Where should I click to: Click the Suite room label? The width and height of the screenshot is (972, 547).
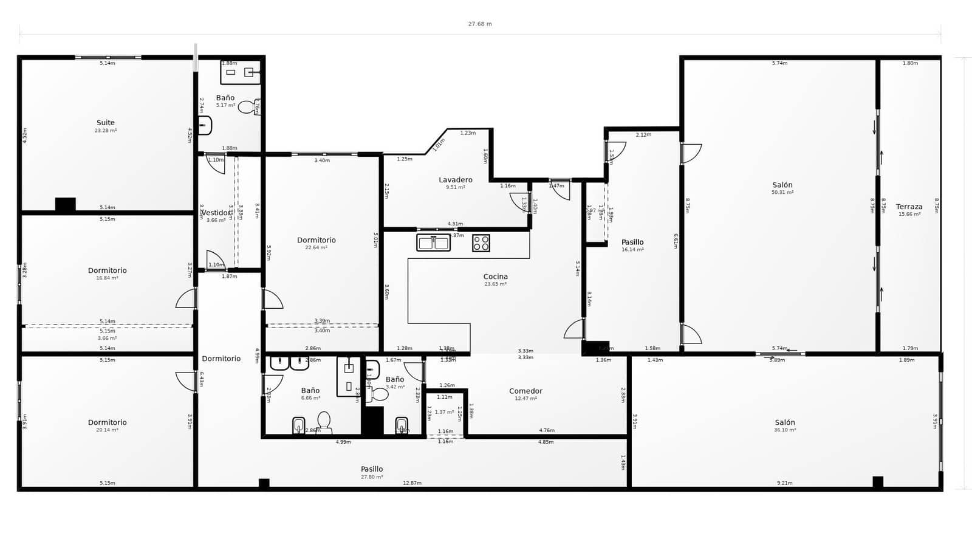(x=105, y=123)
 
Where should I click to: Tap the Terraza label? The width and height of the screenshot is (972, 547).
(x=909, y=207)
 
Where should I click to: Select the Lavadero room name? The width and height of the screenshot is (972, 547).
(x=455, y=180)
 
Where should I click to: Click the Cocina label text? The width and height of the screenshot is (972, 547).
(x=495, y=277)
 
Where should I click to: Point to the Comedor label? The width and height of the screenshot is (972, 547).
(x=525, y=391)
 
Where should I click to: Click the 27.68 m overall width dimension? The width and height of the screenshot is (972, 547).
(x=479, y=24)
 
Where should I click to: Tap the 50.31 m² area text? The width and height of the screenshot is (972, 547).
(x=782, y=193)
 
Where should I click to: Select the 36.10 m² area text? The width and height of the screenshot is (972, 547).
(x=785, y=430)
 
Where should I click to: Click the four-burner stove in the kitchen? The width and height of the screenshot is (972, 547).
(x=481, y=243)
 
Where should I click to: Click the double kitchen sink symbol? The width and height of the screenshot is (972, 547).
(x=433, y=243)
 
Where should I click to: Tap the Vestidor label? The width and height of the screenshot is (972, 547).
(x=216, y=213)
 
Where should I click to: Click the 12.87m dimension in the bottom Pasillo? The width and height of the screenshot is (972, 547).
(x=412, y=483)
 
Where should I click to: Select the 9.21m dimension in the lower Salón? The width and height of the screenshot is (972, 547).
(x=784, y=483)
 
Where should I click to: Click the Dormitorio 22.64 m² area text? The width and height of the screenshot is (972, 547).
(x=316, y=248)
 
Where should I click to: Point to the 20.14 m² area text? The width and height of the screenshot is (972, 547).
(x=107, y=430)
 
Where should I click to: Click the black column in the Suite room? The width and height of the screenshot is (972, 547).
(x=65, y=205)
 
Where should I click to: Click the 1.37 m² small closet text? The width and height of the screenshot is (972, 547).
(x=444, y=412)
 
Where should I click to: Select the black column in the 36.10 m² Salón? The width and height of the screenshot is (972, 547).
(x=877, y=481)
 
